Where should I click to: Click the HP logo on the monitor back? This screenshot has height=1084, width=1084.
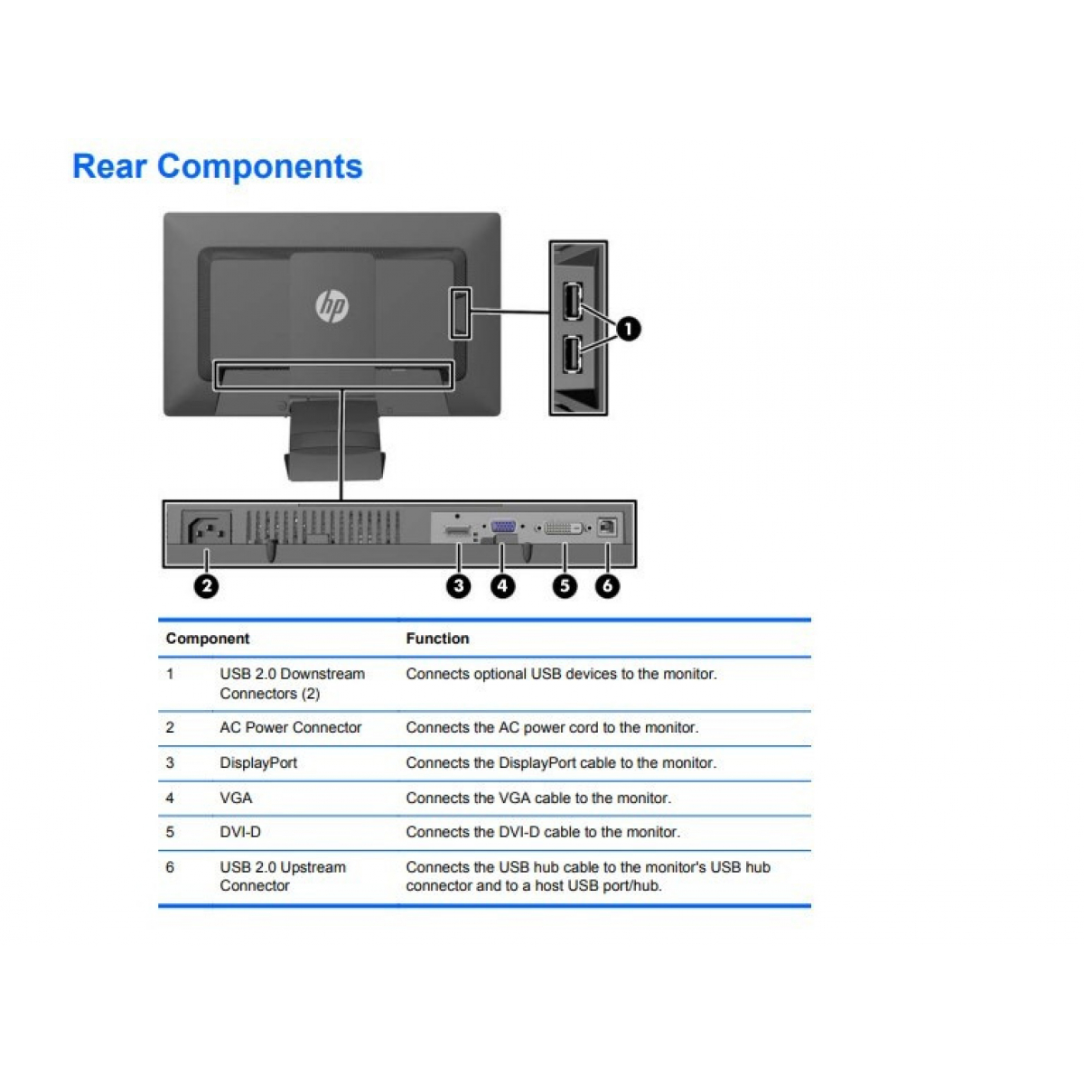tap(332, 306)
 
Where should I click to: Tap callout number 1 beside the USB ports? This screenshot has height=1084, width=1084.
tap(629, 329)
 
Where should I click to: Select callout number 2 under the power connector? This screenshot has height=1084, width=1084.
tap(207, 585)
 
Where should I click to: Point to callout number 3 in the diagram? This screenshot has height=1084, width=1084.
tap(459, 585)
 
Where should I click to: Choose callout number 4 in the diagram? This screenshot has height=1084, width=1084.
tap(502, 585)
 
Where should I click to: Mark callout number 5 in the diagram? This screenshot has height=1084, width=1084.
tap(565, 585)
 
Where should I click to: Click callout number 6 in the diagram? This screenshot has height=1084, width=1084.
tap(608, 585)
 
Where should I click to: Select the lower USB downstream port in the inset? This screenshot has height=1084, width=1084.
tap(572, 354)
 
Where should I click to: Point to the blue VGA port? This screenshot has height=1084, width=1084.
tap(503, 527)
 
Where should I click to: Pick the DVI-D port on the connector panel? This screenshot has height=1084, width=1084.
tap(563, 528)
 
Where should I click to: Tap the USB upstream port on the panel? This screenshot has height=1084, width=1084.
tap(606, 527)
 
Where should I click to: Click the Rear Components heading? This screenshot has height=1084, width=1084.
tap(218, 166)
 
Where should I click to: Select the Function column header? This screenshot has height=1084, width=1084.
tap(437, 639)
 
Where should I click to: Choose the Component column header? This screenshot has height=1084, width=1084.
tap(208, 639)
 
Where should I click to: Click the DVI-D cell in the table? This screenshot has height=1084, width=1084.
tap(240, 831)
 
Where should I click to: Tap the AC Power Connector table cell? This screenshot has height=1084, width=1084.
tap(290, 727)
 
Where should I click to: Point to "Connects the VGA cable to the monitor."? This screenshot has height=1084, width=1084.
tap(538, 798)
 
